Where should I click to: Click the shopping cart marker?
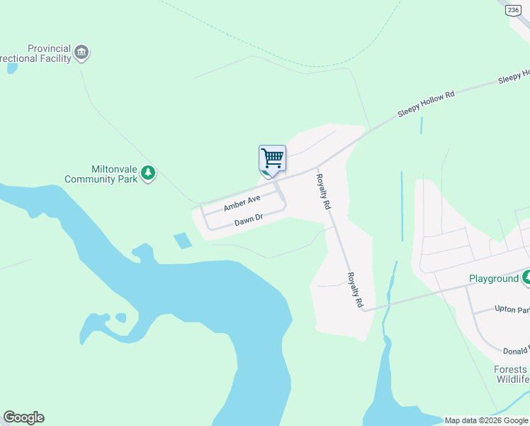(x=272, y=158)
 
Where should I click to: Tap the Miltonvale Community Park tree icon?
(x=148, y=173)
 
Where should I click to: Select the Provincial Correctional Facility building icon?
(x=82, y=53)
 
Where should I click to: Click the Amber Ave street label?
(x=242, y=202)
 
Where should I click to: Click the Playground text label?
(x=493, y=278)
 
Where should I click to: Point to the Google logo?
(x=23, y=417)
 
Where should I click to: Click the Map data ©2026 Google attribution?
(x=486, y=420)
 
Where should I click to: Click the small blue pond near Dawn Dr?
(x=182, y=240)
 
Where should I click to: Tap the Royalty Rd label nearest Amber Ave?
(x=323, y=191)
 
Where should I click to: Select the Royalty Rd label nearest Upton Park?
(x=355, y=290)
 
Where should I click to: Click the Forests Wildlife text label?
(x=511, y=374)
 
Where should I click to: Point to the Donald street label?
(x=515, y=351)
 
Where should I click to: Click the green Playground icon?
(x=526, y=278)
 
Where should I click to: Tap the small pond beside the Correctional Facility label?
(x=11, y=69)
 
